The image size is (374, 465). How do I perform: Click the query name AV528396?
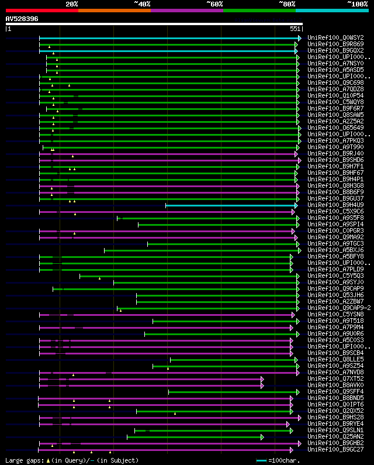[22, 19]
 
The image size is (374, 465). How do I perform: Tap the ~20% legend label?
[72, 4]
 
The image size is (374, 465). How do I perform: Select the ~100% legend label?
[357, 4]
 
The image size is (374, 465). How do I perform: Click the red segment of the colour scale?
[41, 11]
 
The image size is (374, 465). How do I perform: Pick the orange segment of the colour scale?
[114, 11]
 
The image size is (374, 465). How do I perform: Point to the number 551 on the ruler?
[295, 29]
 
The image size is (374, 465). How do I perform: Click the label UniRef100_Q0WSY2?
[335, 37]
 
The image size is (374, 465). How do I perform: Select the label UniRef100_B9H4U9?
[335, 205]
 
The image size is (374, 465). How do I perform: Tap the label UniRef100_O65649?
[335, 128]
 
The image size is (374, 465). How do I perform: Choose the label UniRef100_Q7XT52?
[335, 379]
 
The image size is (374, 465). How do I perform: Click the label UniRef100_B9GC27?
[335, 450]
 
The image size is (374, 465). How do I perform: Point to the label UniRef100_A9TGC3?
[335, 244]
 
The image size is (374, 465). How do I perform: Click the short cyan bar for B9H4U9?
[231, 205]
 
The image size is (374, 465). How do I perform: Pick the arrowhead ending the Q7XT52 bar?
[262, 379]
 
